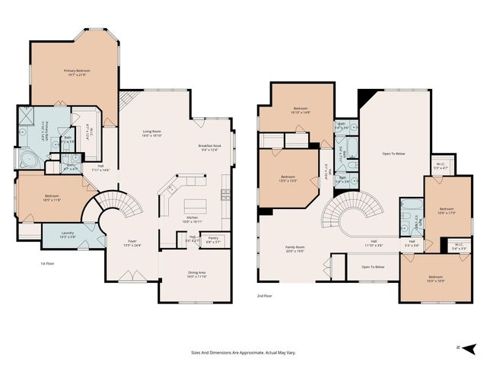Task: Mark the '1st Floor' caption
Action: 48,263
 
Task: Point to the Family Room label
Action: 294,248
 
